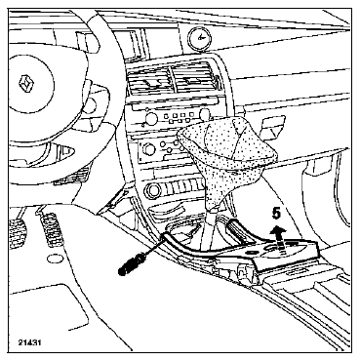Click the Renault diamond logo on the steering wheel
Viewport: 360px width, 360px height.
point(26,84)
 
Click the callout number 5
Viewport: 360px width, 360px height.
point(276,214)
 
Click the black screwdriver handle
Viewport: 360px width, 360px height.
point(132,263)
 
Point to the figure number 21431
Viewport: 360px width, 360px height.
point(29,342)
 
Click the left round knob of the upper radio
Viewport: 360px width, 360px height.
point(151,117)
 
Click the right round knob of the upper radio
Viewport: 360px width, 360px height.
point(205,114)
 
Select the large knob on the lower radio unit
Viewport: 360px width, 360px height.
point(149,149)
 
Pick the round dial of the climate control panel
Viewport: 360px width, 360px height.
point(152,191)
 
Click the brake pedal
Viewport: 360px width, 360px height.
point(17,232)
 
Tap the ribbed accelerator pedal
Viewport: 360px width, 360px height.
point(51,230)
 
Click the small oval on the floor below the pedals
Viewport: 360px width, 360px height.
point(56,260)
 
